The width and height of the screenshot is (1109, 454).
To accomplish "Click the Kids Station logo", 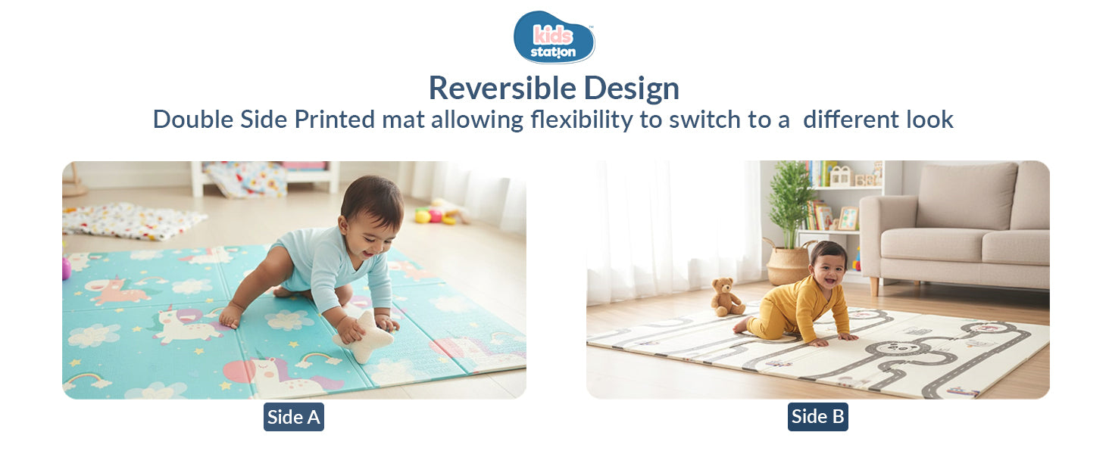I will click(x=554, y=36).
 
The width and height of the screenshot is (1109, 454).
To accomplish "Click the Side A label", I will click(x=293, y=417).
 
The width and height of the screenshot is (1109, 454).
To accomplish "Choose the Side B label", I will click(x=817, y=417).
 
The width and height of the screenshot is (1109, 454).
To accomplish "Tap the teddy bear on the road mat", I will click(x=726, y=297).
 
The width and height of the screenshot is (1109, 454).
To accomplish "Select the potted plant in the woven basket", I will click(x=789, y=219).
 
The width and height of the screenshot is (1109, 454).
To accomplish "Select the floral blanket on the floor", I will click(x=133, y=219).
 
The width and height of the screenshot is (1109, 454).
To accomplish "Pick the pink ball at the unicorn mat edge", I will click(x=66, y=267).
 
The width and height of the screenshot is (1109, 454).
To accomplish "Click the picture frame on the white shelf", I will click(x=848, y=218).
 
